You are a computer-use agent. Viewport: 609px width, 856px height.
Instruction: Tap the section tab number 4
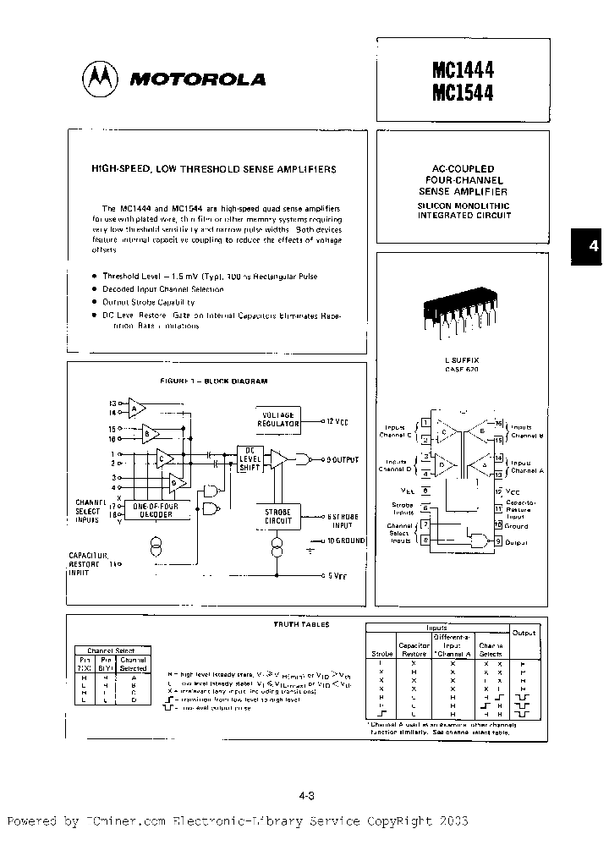click(x=593, y=246)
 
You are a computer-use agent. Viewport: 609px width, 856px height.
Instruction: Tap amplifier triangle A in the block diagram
click(x=135, y=407)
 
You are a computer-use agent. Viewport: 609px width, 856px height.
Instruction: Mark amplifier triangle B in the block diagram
click(x=151, y=435)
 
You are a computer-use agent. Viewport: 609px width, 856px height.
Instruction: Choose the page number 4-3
click(x=307, y=795)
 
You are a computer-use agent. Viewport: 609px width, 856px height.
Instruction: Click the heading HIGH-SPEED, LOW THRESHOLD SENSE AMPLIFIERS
click(x=213, y=169)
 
